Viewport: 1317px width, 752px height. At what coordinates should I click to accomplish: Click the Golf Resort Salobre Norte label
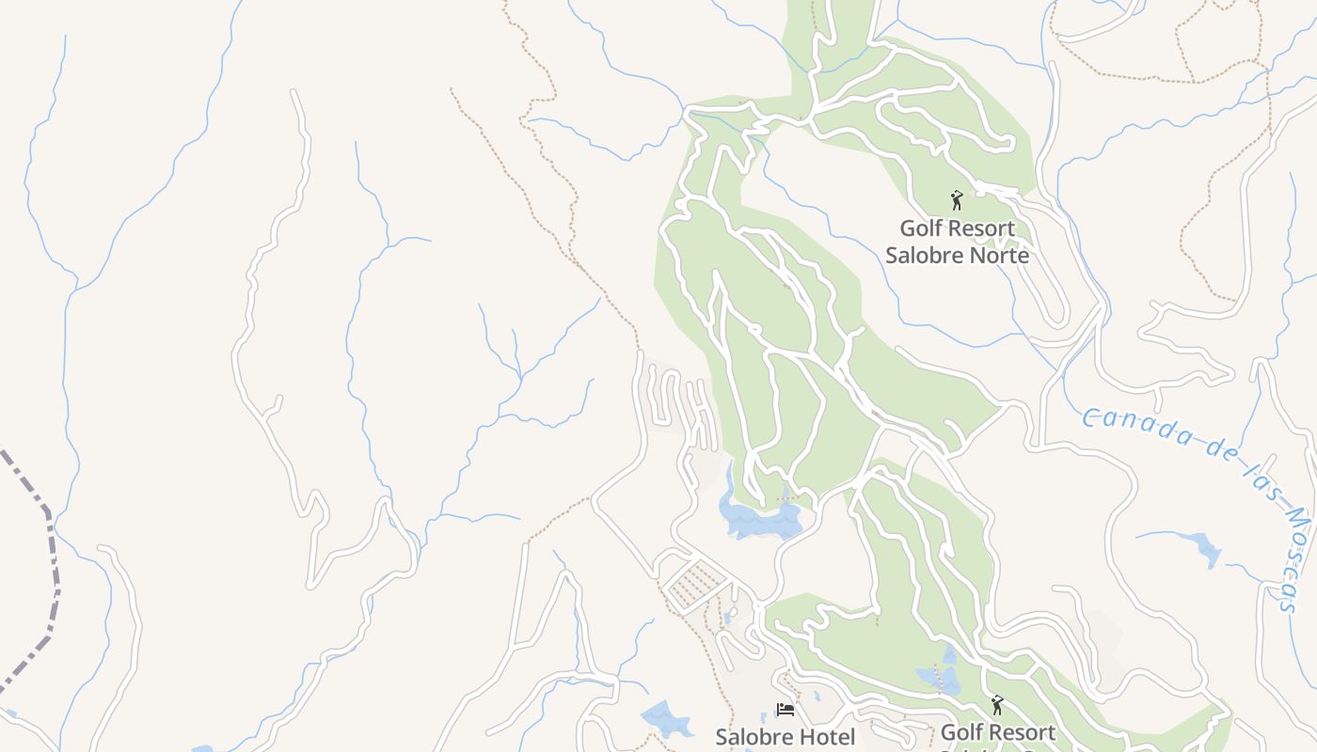pos(957,242)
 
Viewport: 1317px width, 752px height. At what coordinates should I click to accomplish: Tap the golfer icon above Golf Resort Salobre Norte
pos(957,200)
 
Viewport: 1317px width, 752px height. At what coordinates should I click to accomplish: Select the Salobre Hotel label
pos(785,737)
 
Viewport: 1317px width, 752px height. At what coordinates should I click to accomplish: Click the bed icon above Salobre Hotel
pos(785,709)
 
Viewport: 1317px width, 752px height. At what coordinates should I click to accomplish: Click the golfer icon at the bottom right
pos(997,704)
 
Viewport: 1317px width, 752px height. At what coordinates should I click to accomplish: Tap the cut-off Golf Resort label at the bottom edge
pos(997,733)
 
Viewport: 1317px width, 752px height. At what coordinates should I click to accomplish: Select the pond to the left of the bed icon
pos(666,718)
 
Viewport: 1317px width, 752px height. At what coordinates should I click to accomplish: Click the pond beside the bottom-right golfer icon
pos(941,677)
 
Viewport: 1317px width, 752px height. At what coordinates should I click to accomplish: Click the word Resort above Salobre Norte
pos(981,228)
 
